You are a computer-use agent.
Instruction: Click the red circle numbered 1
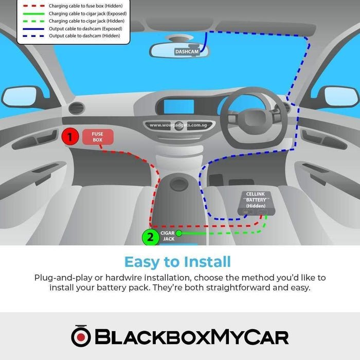pos(70,137)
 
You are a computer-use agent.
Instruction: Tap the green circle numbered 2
pos(150,237)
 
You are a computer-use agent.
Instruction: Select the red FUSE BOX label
pos(98,137)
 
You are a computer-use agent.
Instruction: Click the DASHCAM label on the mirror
pos(187,51)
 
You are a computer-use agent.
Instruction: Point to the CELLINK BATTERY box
pos(256,204)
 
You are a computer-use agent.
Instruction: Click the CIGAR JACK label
pos(168,236)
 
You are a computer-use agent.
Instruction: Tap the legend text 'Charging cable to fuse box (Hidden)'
pos(85,6)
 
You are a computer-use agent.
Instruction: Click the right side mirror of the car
pos(341,97)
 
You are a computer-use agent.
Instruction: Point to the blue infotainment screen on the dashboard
pos(179,107)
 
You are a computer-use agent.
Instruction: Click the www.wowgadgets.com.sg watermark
pos(178,125)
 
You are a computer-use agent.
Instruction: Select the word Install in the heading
pos(207,261)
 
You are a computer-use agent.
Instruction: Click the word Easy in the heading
pos(142,262)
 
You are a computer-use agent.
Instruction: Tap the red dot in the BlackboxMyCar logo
pos(81,337)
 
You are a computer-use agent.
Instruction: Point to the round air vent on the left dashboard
pos(77,107)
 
